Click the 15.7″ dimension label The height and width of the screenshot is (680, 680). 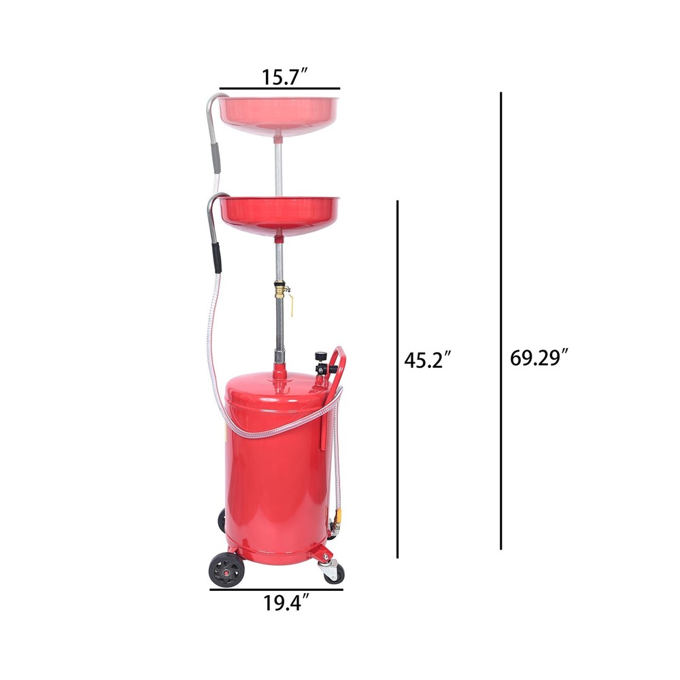pyautogui.click(x=284, y=78)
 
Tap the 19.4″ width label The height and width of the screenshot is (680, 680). pyautogui.click(x=287, y=602)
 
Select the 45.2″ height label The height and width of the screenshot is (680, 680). pyautogui.click(x=428, y=360)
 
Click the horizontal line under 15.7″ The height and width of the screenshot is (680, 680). pyautogui.click(x=279, y=88)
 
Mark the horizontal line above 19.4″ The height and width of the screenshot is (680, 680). pyautogui.click(x=276, y=590)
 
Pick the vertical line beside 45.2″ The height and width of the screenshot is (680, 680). pyautogui.click(x=398, y=379)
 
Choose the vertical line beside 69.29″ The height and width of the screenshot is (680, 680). pyautogui.click(x=501, y=321)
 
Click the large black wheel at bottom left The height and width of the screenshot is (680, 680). pyautogui.click(x=226, y=569)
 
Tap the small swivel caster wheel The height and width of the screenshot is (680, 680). pyautogui.click(x=334, y=574)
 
